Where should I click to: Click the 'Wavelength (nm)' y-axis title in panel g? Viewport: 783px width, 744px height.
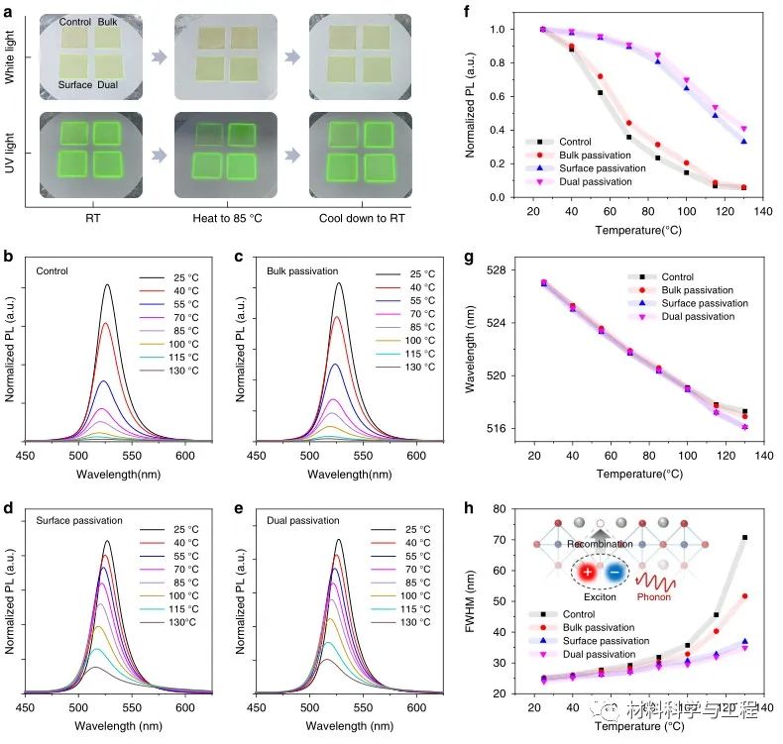tap(472, 350)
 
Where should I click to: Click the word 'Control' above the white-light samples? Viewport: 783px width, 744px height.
tap(75, 21)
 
